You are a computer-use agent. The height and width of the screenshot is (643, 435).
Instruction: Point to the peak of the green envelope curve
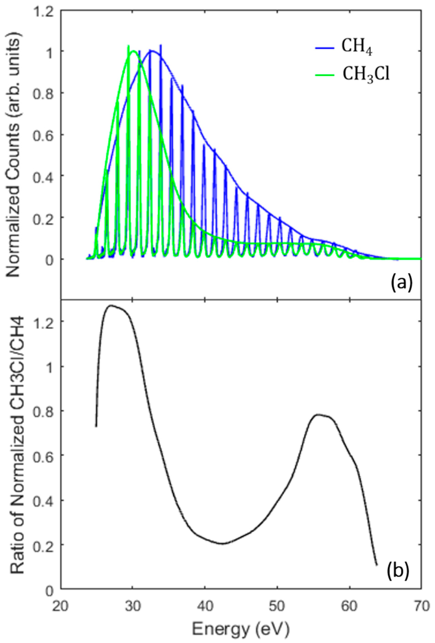coord(133,51)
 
